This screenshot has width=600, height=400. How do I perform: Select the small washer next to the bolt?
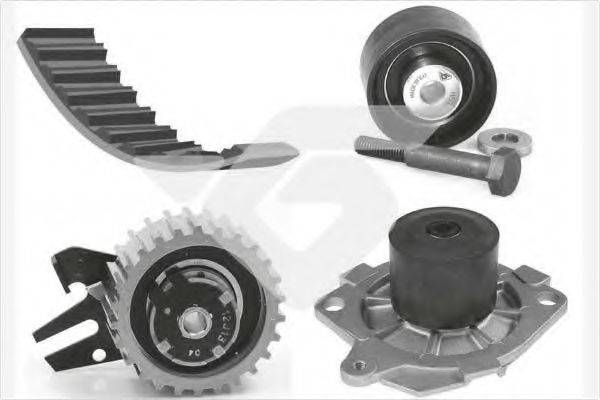[x=497, y=140]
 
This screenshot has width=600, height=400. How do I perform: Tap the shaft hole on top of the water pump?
[x=443, y=229]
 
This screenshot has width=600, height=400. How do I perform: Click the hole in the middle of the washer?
[x=498, y=140]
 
